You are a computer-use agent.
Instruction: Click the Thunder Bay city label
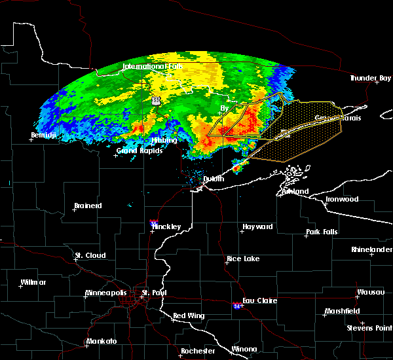[370, 79]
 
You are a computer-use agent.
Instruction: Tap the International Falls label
[153, 67]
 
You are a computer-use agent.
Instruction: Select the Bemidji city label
[44, 135]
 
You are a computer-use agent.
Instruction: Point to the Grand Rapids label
[136, 151]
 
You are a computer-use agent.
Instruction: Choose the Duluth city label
[213, 179]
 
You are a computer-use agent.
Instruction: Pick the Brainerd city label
[88, 206]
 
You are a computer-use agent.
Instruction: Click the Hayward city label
[257, 227]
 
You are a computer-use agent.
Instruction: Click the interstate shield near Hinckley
[153, 223]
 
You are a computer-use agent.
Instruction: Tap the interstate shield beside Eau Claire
[236, 306]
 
